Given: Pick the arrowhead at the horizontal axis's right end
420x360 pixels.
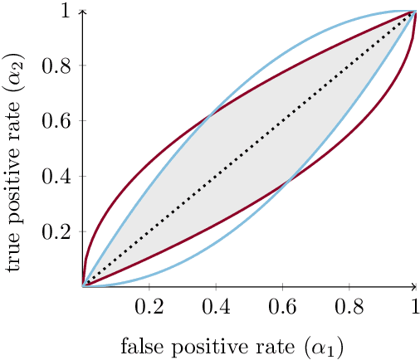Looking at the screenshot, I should pyautogui.click(x=417, y=286).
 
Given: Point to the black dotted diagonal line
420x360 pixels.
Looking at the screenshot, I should pyautogui.click(x=249, y=148).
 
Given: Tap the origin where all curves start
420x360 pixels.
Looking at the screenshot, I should pyautogui.click(x=83, y=286).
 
